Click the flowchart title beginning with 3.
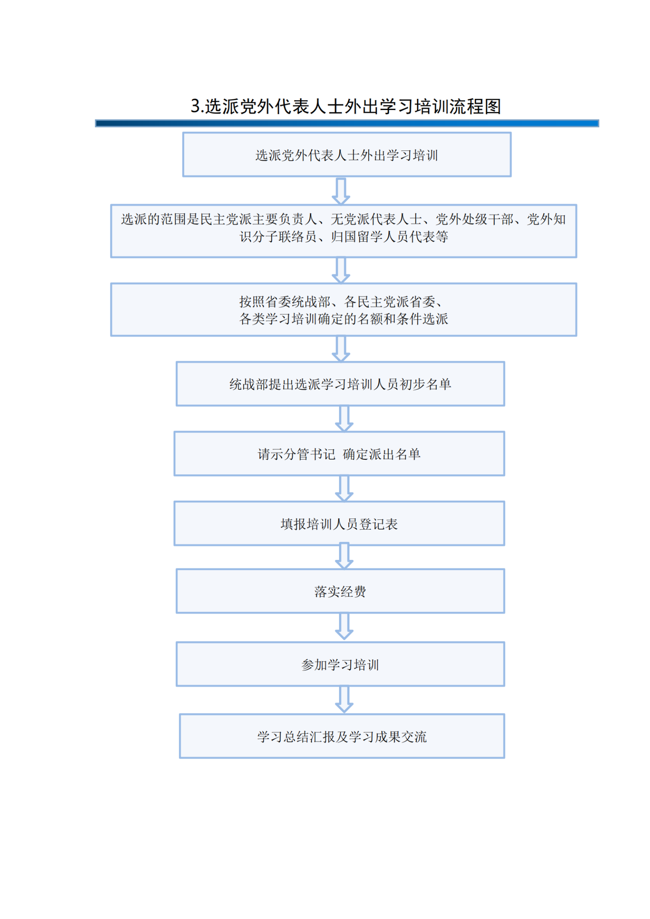pyautogui.click(x=346, y=106)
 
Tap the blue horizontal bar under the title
pyautogui.click(x=347, y=123)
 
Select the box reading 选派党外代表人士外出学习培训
pyautogui.click(x=347, y=154)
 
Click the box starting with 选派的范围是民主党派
pyautogui.click(x=343, y=231)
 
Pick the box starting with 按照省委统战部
pyautogui.click(x=343, y=309)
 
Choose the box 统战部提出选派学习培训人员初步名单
pyautogui.click(x=340, y=384)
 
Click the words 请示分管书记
pyautogui.click(x=296, y=454)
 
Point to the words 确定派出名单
pyautogui.click(x=382, y=454)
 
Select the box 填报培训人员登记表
pyautogui.click(x=339, y=523)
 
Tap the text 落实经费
pyautogui.click(x=340, y=591)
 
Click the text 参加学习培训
pyautogui.click(x=340, y=664)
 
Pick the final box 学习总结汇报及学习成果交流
pyautogui.click(x=342, y=736)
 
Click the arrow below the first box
pyautogui.click(x=341, y=191)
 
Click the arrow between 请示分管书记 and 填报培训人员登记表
pyautogui.click(x=344, y=488)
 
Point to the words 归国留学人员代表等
pyautogui.click(x=389, y=237)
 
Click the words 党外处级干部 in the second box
pyautogui.click(x=474, y=219)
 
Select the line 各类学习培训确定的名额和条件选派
pyautogui.click(x=343, y=319)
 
